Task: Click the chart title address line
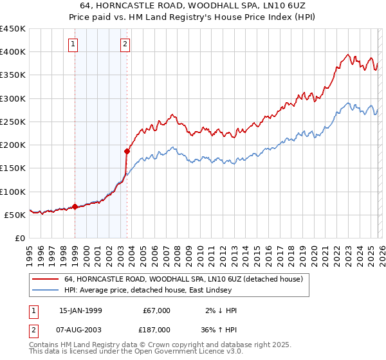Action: (192, 6)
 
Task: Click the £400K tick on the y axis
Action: (13, 52)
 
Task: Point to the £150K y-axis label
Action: (13, 168)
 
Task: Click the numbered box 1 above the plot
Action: (73, 44)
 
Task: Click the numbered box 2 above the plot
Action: (125, 44)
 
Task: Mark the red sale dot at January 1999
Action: (75, 207)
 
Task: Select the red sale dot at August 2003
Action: (127, 152)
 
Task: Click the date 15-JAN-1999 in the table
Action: (84, 310)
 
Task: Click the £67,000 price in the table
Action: (156, 310)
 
